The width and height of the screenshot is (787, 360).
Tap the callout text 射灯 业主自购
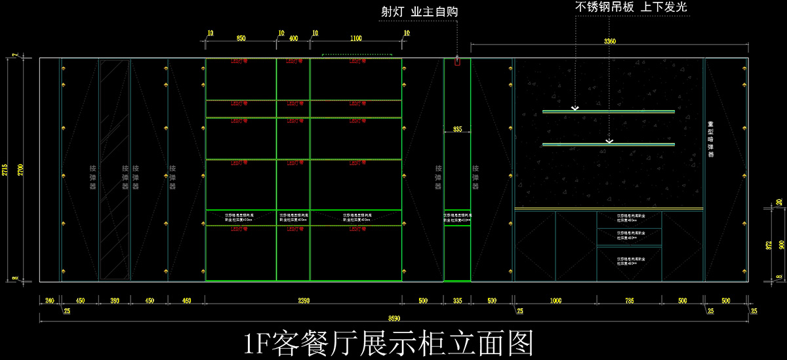click(420, 12)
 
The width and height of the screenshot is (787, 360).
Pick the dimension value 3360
click(609, 42)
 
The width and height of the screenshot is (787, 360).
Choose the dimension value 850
click(241, 39)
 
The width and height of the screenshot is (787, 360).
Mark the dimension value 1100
click(356, 39)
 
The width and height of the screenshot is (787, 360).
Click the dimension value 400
click(293, 39)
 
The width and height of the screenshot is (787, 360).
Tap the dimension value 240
click(49, 301)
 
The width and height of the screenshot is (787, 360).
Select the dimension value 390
click(114, 301)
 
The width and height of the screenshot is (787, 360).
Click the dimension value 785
click(629, 301)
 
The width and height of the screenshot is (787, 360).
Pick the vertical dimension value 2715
click(5, 170)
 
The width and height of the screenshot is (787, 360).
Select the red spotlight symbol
click(457, 62)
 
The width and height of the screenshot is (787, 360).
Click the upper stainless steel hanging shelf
click(608, 111)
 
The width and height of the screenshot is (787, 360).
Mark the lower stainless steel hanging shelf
click(608, 144)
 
